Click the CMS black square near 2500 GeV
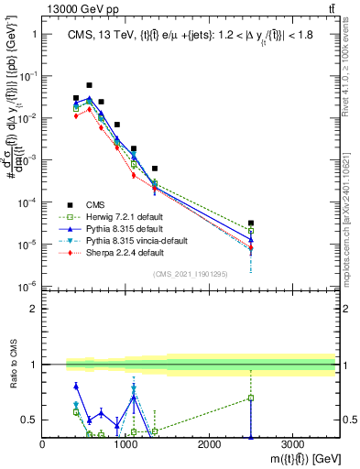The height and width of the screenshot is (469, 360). pyautogui.click(x=251, y=223)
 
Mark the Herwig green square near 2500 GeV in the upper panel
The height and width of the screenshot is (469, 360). pyautogui.click(x=251, y=231)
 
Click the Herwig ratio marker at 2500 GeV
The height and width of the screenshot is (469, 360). pyautogui.click(x=251, y=398)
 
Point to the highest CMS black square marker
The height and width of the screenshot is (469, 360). pyautogui.click(x=89, y=85)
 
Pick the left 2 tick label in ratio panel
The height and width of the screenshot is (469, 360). pyautogui.click(x=33, y=309)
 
